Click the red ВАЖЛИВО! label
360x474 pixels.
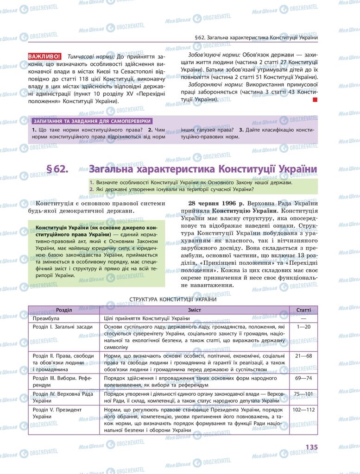(44, 56)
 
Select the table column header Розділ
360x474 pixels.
(64, 310)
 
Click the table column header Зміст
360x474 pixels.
(195, 310)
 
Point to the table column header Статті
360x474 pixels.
(303, 310)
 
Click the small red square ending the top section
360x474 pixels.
(315, 100)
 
